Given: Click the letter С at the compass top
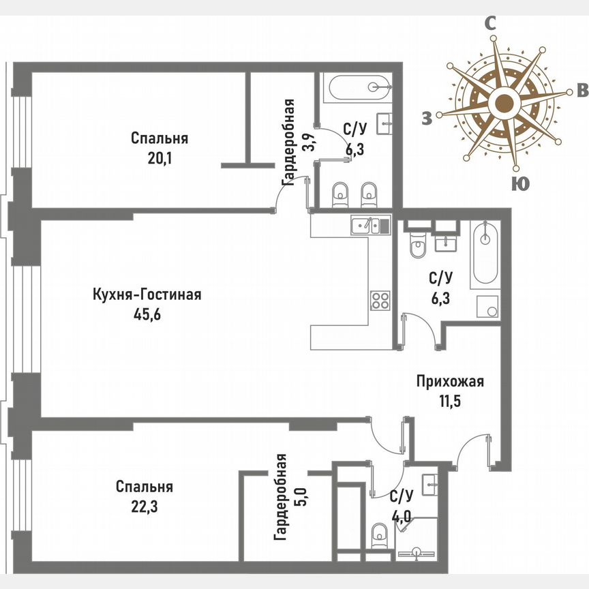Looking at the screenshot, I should (489, 23).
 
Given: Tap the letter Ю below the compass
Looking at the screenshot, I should (520, 183).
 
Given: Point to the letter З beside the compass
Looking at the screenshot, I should (427, 119).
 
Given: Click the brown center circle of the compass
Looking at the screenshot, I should (504, 104).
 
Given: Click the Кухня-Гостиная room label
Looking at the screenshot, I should (147, 295).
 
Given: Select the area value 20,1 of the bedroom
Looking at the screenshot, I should (160, 158).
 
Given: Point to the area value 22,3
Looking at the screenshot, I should (144, 507).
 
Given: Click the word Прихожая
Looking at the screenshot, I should (450, 382).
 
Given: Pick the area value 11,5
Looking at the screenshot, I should (450, 400).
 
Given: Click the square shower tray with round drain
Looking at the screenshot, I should (488, 308).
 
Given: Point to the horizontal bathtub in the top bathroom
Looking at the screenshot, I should (358, 87).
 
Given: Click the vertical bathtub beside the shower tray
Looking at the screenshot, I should (485, 252).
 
